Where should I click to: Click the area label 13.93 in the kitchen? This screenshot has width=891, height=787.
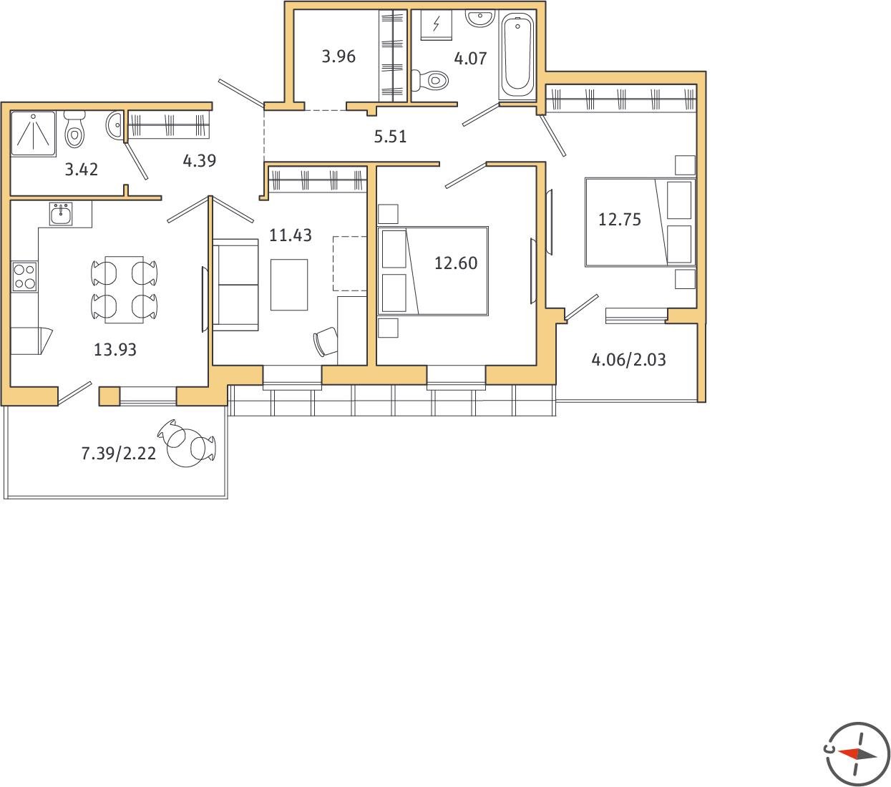(x=115, y=350)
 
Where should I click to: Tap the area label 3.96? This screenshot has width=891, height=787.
(x=339, y=57)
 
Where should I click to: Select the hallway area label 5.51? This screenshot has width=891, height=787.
(x=391, y=137)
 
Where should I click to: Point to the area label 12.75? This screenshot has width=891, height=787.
(x=620, y=220)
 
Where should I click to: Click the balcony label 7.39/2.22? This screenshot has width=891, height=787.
(x=119, y=454)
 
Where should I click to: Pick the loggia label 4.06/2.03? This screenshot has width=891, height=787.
(x=629, y=360)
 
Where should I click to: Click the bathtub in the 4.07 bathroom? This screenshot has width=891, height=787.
(x=517, y=55)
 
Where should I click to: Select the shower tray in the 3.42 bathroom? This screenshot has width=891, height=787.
(x=34, y=134)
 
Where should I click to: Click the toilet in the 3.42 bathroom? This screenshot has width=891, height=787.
(x=74, y=128)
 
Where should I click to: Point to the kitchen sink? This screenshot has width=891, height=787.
(x=61, y=214)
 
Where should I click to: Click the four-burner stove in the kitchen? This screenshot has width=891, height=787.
(x=24, y=277)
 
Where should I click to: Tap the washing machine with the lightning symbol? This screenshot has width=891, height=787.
(x=437, y=24)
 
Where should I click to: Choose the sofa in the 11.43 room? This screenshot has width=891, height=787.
(x=235, y=285)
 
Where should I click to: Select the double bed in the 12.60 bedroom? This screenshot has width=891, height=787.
(x=433, y=271)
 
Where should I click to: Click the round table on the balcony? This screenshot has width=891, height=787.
(x=187, y=448)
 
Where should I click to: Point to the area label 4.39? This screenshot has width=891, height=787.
(x=200, y=161)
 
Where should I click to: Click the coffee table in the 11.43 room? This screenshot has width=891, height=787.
(x=289, y=285)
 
